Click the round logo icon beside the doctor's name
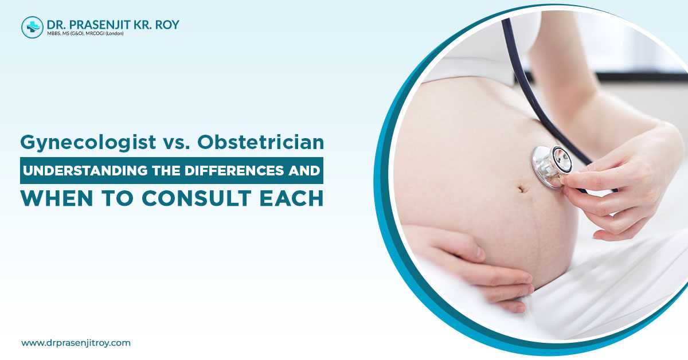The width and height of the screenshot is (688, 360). pos(32,27)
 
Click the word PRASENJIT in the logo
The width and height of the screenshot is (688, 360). pos(99,24)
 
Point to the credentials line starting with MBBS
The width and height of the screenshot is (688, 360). pos(87,34)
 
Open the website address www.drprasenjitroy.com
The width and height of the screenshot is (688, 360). pos(76,343)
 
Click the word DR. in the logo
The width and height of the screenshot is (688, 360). pos(57,24)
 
